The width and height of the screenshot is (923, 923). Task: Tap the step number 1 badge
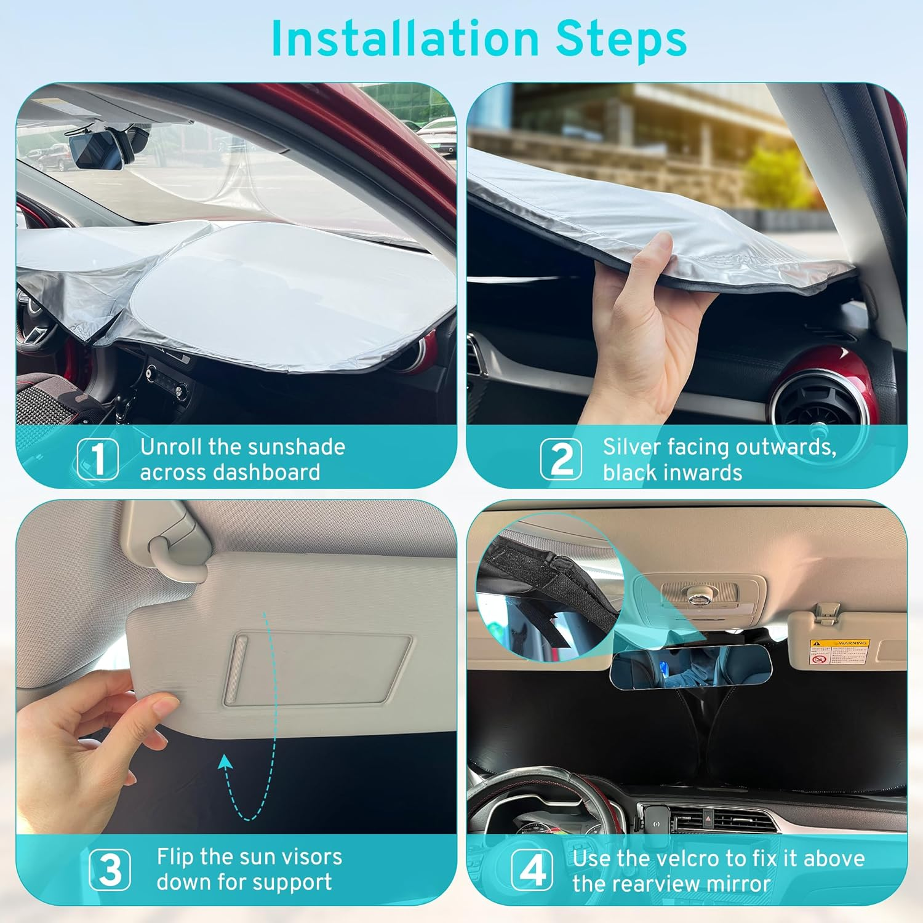[x=98, y=458]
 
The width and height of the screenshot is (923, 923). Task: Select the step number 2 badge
[x=561, y=458]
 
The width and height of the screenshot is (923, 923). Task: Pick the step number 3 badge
[x=110, y=869]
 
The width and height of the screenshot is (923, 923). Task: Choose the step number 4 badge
[x=532, y=869]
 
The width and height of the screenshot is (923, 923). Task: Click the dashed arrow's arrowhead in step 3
[x=226, y=763]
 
